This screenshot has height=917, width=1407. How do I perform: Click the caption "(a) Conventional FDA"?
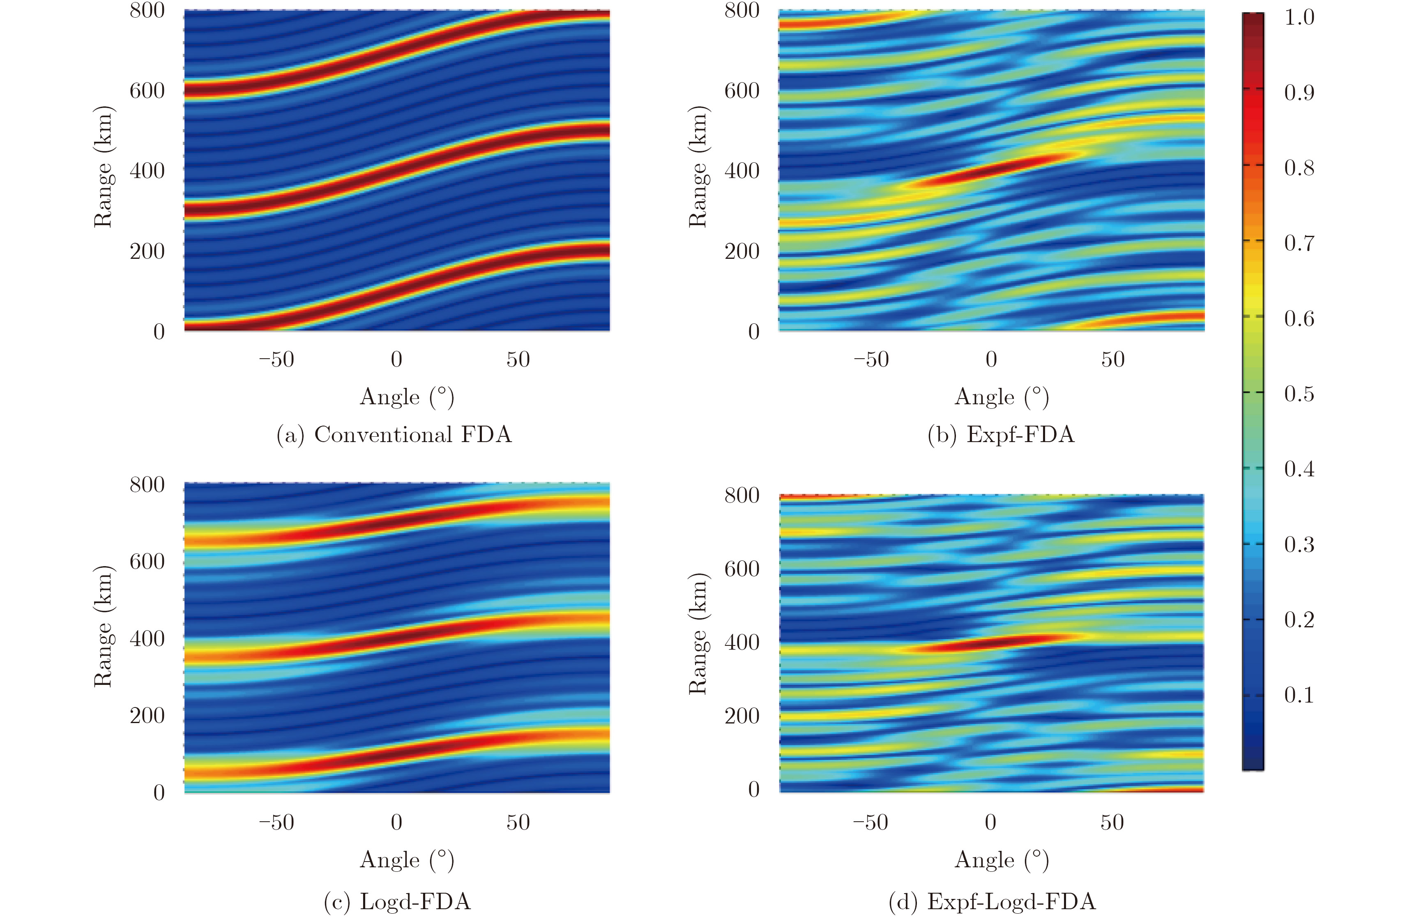[x=394, y=435]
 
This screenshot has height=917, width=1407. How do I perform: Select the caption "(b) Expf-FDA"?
[x=1001, y=435]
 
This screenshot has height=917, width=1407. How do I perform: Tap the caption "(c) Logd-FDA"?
[x=397, y=902]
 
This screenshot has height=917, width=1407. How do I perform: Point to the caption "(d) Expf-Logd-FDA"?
[x=992, y=902]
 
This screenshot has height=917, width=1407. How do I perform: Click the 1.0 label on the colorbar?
[x=1299, y=17]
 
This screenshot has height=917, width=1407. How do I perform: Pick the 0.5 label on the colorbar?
[x=1299, y=394]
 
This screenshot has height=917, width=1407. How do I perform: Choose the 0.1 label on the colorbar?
[x=1299, y=695]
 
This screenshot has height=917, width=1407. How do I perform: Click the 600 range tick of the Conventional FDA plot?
[x=147, y=90]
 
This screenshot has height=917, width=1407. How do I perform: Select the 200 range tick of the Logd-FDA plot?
[x=147, y=715]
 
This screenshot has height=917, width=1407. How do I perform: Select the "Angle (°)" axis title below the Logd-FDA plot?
[x=407, y=860]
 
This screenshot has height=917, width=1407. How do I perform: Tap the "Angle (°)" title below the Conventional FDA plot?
[x=407, y=397]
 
